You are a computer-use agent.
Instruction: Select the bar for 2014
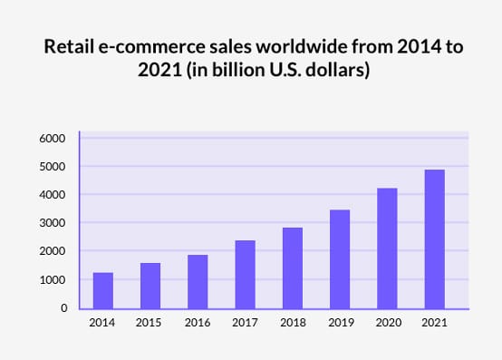103,290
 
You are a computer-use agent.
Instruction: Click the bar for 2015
150,286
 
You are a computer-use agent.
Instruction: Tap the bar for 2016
198,281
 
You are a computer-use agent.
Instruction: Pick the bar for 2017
245,274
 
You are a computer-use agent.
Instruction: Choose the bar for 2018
292,268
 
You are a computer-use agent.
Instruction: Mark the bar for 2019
339,258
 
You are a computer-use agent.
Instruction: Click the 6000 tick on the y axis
52,139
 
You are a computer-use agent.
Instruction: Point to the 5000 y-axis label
52,167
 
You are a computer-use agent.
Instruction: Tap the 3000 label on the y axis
52,223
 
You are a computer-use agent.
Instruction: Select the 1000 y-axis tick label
52,280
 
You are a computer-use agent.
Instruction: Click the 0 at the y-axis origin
63,308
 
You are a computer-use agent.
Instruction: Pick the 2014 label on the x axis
103,322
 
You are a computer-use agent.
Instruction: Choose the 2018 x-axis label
292,322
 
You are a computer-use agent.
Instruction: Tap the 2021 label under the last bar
433,322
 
